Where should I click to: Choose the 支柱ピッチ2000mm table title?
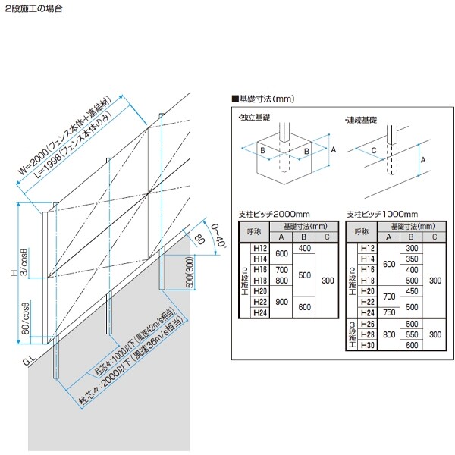271,215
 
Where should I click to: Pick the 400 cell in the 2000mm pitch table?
305,248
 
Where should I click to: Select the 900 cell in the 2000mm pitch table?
282,301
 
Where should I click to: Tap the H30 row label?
368,345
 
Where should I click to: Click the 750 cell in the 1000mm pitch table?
389,312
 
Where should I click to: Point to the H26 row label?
368,324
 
